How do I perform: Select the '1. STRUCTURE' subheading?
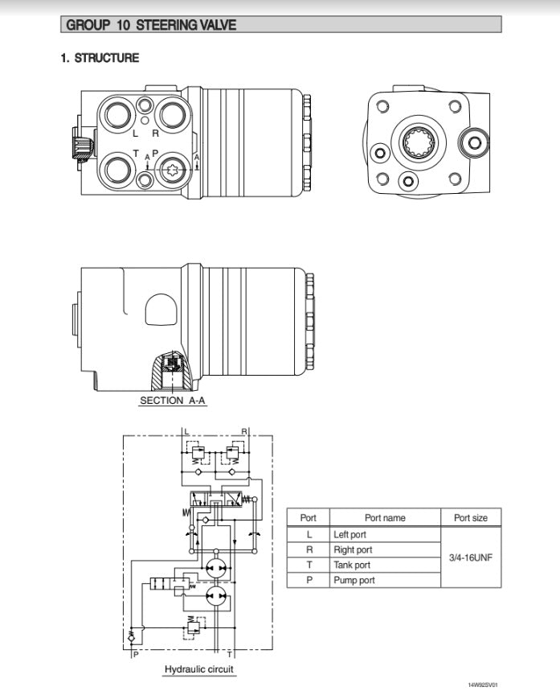point(100,58)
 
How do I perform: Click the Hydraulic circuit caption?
point(200,669)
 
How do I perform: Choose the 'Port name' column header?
point(385,518)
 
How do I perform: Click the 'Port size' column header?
point(471,518)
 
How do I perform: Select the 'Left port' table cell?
point(349,534)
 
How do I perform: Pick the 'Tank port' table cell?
point(352,565)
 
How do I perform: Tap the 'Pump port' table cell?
point(354,580)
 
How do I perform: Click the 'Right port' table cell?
point(353,549)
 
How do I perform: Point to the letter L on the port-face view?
point(135,134)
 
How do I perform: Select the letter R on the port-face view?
point(155,134)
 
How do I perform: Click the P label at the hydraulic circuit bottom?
point(136,655)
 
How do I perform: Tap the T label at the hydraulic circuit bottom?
point(230,655)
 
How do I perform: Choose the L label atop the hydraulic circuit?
point(187,432)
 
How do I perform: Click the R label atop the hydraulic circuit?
point(243,432)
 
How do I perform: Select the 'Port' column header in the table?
point(309,518)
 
